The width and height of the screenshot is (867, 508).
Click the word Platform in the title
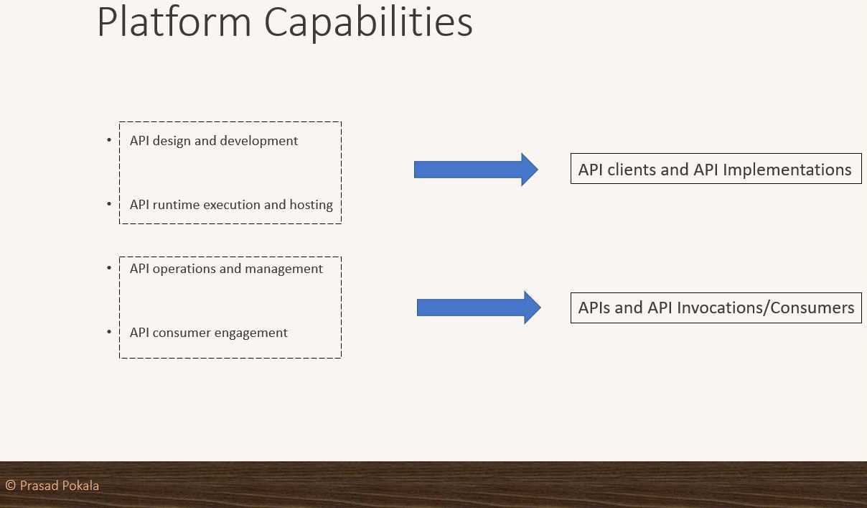[x=174, y=23]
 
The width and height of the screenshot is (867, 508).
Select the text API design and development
[x=214, y=141]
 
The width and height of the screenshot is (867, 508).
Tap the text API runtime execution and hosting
[x=231, y=205]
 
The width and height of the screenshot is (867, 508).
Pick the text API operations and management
[x=226, y=269]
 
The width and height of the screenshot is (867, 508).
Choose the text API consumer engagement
[x=209, y=333]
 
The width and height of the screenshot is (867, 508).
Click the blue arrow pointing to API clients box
[x=476, y=170]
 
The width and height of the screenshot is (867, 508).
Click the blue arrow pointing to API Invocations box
[x=478, y=308]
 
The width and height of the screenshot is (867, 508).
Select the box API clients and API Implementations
[x=716, y=169]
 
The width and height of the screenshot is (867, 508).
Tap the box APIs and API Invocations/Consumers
[x=716, y=308]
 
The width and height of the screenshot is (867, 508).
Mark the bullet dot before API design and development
[x=110, y=139]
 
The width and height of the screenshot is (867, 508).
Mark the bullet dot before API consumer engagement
[x=110, y=332]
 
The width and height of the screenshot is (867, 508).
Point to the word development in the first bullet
[x=258, y=141]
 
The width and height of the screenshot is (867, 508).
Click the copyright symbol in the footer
[x=10, y=486]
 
